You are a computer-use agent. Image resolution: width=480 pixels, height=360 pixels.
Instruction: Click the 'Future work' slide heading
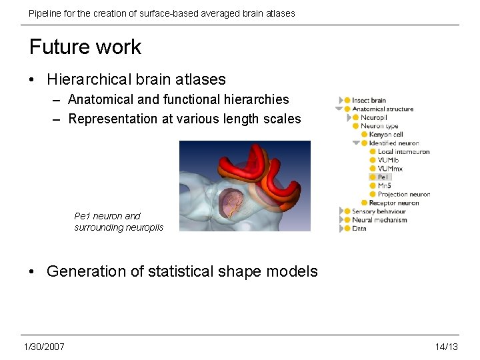click(85, 47)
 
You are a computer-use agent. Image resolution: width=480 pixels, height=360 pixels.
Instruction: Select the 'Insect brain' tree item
click(369, 101)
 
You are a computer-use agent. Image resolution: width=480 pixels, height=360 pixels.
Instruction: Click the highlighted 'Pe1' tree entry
click(383, 177)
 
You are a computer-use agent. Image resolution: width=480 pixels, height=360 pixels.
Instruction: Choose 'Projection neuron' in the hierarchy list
click(403, 195)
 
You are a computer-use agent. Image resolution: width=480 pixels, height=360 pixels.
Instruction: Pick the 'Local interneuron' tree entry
click(403, 152)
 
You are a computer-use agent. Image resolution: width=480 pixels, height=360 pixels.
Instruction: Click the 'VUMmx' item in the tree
click(389, 169)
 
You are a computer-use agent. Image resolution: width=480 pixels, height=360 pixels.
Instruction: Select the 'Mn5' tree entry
click(384, 186)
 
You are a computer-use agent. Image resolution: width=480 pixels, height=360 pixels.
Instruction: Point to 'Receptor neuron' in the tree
click(394, 203)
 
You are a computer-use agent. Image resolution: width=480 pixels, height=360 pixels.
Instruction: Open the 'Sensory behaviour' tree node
click(379, 211)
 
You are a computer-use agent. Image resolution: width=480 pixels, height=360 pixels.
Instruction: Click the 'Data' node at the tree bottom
click(359, 229)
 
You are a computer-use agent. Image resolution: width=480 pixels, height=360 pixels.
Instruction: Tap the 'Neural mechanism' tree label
click(379, 220)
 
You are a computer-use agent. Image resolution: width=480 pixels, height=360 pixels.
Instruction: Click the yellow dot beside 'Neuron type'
click(356, 126)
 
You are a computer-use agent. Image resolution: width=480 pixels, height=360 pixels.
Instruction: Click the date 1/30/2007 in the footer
click(44, 347)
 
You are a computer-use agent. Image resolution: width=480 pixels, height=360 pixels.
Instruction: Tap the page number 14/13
click(446, 347)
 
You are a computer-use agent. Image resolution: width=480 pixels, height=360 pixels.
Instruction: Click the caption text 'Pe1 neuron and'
click(107, 216)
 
